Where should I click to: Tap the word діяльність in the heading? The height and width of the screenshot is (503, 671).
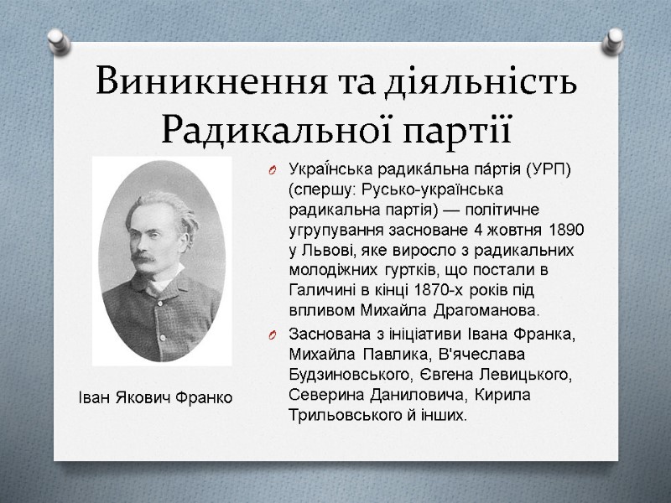[x=481, y=83]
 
